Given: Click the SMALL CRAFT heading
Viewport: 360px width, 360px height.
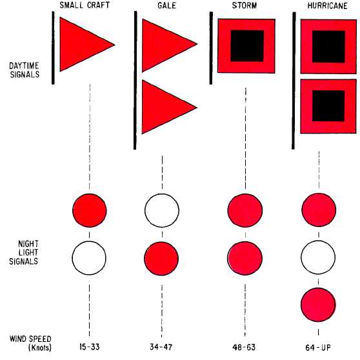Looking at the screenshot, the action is [x=85, y=5].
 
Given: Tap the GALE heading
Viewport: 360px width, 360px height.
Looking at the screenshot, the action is [x=166, y=5].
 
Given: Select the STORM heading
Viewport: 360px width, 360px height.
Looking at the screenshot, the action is [x=245, y=5].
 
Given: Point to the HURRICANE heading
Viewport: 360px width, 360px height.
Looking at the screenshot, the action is [x=327, y=6].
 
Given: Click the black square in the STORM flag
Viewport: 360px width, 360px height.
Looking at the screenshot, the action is [x=247, y=46].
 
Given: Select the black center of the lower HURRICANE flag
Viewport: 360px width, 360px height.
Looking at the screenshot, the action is [x=328, y=106].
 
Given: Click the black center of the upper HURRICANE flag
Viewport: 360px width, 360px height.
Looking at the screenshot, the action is [x=328, y=46].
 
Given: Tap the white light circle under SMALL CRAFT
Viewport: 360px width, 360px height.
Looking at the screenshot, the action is [x=89, y=258].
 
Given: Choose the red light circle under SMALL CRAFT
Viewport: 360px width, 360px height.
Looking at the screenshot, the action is [x=90, y=210].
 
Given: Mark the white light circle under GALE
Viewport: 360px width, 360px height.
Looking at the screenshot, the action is [x=162, y=210].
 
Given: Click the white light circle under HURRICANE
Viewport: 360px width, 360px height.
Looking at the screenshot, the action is [x=318, y=257].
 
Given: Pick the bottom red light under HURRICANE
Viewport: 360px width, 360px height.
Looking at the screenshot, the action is [x=318, y=305].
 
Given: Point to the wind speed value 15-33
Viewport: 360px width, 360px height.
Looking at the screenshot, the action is [x=90, y=346].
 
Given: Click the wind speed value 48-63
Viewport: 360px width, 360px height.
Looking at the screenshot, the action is [x=244, y=347].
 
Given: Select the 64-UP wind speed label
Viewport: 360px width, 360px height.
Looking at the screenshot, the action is [x=318, y=348].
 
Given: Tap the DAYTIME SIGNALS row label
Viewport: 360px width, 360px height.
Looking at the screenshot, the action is [x=25, y=70].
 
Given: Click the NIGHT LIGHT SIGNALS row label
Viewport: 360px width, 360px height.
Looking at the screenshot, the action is [x=24, y=252].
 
